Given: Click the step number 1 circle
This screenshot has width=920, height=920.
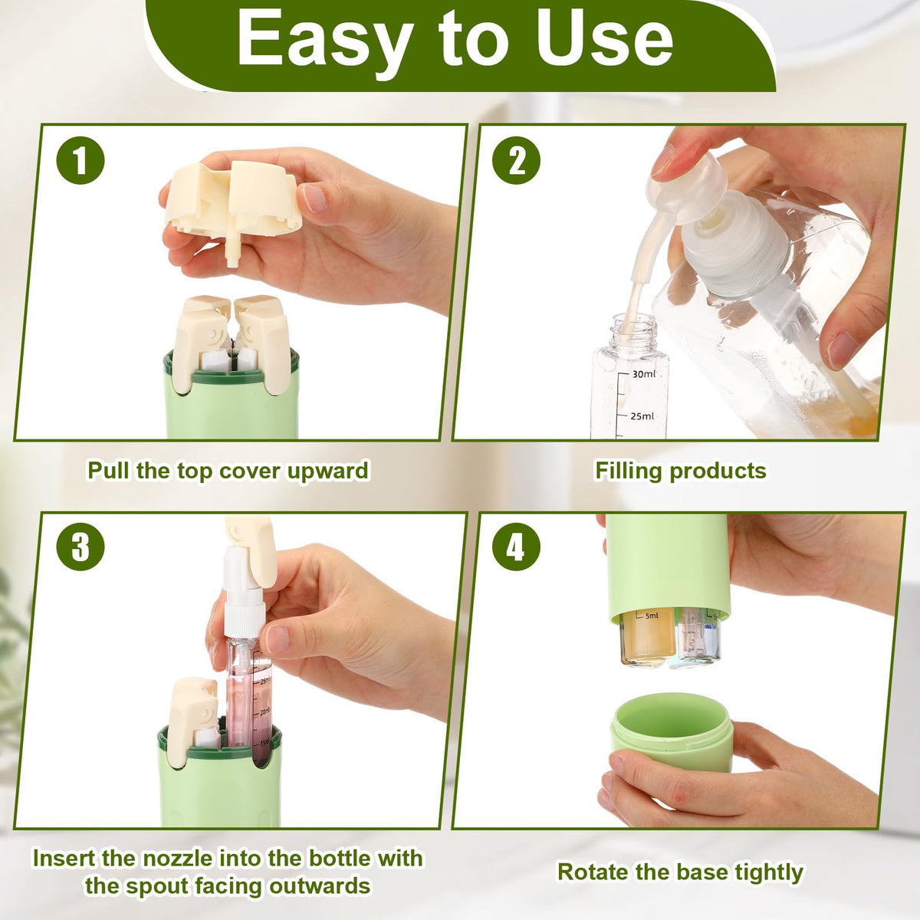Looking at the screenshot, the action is coord(80,160).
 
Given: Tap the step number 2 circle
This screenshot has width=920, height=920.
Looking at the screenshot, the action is coord(516,160).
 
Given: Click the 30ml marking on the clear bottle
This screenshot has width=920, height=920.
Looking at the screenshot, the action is coord(643,374).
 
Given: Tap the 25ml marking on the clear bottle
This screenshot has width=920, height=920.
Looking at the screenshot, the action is coord(642,416).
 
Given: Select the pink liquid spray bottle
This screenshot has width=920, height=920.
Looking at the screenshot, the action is coord(247,669).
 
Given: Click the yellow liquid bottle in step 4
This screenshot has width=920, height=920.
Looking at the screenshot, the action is coord(648,637).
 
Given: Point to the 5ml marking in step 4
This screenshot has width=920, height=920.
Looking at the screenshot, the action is coord(651,616).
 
